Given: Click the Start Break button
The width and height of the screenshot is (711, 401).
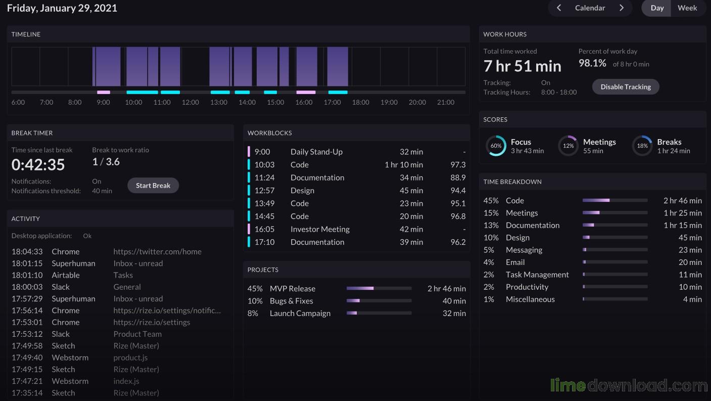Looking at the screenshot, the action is tap(153, 185).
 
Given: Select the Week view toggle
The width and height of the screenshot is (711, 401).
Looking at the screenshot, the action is tap(687, 8).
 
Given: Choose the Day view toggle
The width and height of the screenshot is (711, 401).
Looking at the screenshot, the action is tap(657, 8).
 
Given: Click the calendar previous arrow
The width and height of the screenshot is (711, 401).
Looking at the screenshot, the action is tap(559, 8).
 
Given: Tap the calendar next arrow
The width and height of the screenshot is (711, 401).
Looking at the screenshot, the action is tap(622, 8).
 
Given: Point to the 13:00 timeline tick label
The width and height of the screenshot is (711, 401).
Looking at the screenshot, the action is tap(219, 102).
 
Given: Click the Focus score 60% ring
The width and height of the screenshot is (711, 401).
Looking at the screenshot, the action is tap(496, 146).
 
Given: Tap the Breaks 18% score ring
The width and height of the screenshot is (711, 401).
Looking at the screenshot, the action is tap(642, 146).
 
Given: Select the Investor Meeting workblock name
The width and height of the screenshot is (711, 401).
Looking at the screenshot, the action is tap(320, 229).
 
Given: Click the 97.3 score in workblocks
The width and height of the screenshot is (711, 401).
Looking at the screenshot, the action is tap(458, 164).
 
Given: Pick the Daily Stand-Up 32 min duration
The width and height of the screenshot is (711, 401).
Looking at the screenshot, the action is tap(411, 152).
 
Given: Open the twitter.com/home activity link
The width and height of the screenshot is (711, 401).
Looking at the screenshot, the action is tap(158, 252).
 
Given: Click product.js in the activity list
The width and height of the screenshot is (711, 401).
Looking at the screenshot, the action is tap(130, 358).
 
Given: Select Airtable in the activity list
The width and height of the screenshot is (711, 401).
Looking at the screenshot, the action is tap(66, 275).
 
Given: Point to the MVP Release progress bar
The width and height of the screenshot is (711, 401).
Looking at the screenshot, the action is tap(379, 288).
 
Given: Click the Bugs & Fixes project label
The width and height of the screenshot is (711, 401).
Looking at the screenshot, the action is tap(292, 301).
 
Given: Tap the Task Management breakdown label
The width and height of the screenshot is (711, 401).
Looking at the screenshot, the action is tap(537, 275).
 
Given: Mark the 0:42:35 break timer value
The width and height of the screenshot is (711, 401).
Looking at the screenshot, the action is tap(38, 164).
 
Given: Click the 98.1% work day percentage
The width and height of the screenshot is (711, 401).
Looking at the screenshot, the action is tap(592, 63).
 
